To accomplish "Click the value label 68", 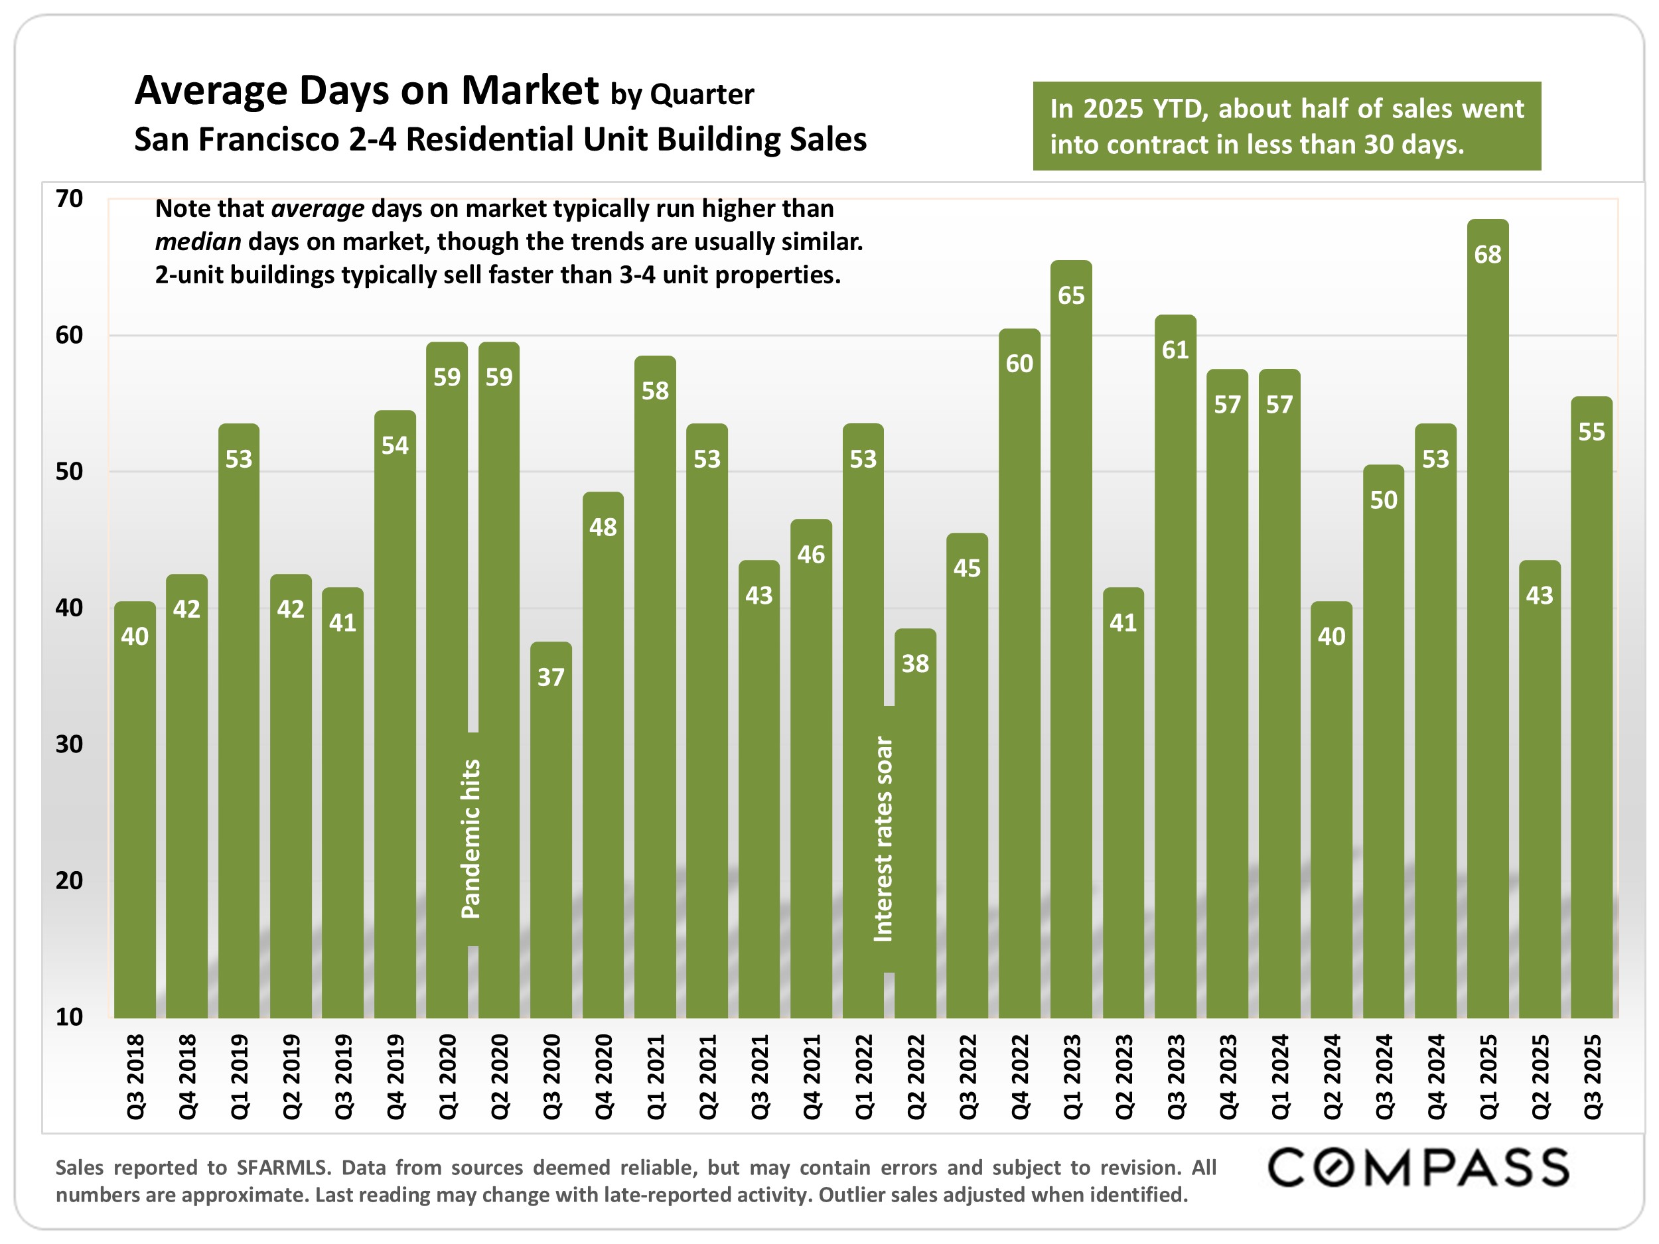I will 1487,255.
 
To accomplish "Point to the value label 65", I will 1071,295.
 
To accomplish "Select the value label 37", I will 551,678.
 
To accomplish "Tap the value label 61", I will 1175,350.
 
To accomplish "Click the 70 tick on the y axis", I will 69,199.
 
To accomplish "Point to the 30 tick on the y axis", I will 69,744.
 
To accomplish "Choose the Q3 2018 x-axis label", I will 135,1077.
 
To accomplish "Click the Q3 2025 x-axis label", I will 1591,1077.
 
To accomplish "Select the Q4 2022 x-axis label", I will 1019,1077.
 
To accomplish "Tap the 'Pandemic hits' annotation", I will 470,839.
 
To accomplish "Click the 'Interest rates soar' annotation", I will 883,839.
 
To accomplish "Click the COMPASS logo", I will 1417,1168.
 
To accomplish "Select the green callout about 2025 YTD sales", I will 1286,126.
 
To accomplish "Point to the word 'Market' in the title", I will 530,91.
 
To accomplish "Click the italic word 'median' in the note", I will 198,242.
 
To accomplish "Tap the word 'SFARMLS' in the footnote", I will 282,1168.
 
